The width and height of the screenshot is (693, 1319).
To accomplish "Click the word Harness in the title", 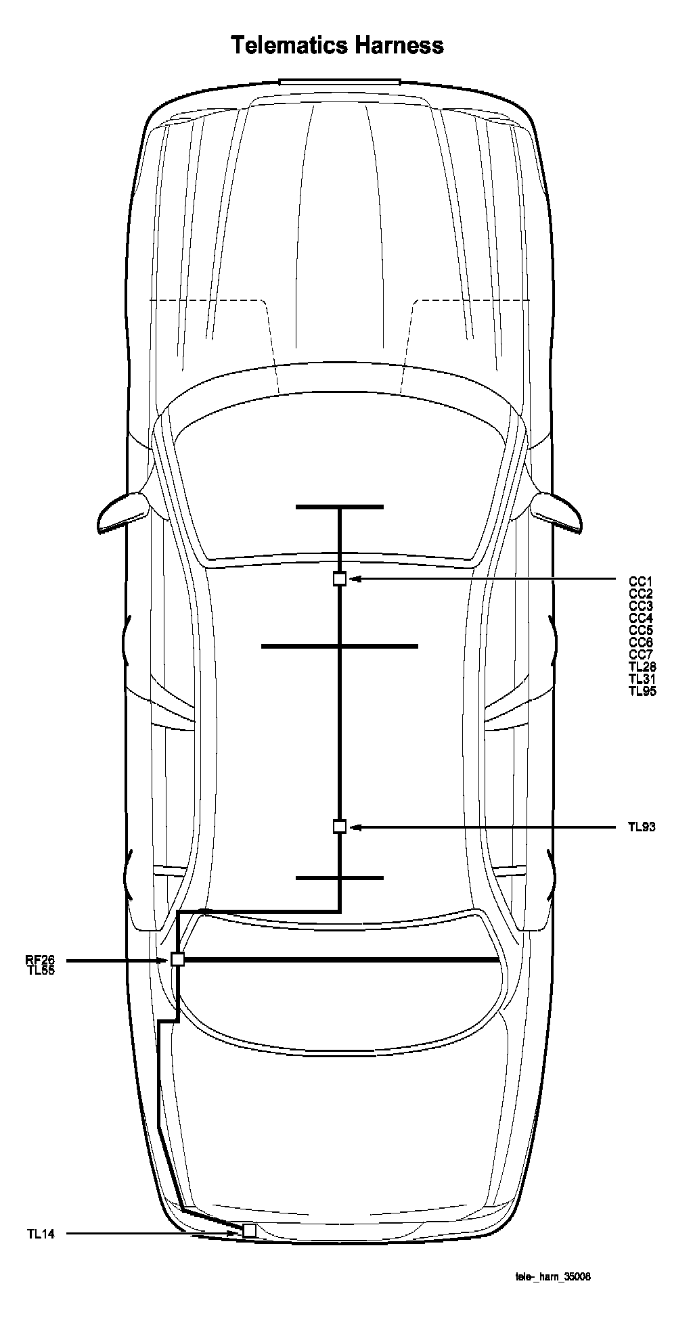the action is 398,45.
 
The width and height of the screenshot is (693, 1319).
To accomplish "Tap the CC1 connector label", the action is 641,581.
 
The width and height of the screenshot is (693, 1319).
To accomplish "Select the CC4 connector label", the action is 641,618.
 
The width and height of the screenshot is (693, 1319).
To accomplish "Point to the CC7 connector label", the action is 641,654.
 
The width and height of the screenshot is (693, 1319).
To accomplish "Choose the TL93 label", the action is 642,827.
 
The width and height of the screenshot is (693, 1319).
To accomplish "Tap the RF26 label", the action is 40,959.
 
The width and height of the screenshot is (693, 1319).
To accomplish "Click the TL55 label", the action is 40,970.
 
